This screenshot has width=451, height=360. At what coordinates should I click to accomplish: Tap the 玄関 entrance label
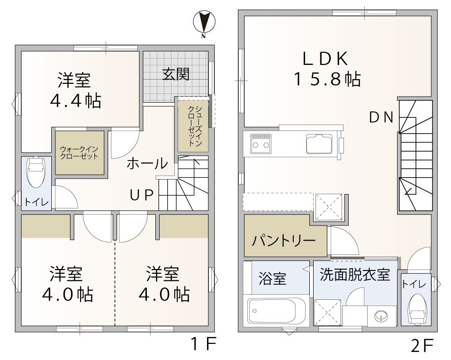(x=176, y=74)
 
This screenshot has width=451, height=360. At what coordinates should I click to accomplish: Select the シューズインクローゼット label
(x=195, y=126)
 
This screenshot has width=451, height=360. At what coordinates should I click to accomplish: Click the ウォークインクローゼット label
(x=79, y=153)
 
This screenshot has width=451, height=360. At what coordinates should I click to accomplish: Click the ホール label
(x=147, y=163)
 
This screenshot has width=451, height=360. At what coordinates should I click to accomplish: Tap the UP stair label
(x=142, y=196)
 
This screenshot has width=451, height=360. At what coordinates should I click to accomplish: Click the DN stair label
(x=381, y=117)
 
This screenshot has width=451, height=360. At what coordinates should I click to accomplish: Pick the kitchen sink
(x=319, y=144)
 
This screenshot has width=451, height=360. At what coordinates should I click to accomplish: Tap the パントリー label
(x=284, y=240)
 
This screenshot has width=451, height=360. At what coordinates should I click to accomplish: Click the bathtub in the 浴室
(x=276, y=311)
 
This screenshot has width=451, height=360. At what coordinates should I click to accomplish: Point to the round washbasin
(x=381, y=316)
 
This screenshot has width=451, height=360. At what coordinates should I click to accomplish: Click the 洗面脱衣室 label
(x=355, y=274)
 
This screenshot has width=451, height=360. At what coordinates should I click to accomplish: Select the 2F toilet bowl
(x=418, y=309)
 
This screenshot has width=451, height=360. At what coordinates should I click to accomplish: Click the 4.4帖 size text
(x=75, y=101)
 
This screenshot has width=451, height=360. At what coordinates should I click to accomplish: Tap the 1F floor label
(x=204, y=344)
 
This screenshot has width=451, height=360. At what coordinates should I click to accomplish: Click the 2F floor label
(x=422, y=346)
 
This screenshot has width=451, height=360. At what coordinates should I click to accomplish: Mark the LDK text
(x=325, y=58)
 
